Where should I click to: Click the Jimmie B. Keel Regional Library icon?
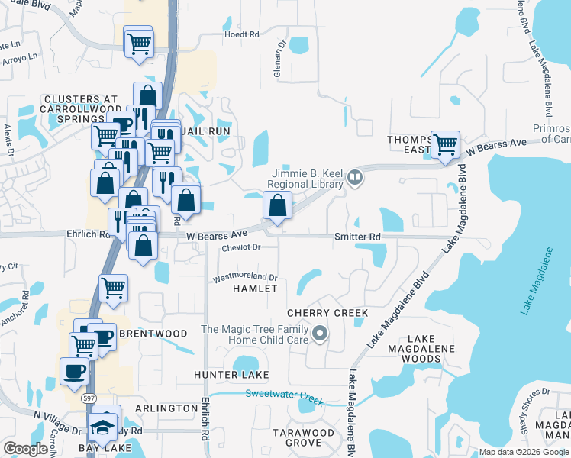pos(354,179)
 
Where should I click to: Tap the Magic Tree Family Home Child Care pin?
pos(321,334)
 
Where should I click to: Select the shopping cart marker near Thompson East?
pos(445,143)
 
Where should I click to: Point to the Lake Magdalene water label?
pos(536,281)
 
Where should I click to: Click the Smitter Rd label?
pos(357,237)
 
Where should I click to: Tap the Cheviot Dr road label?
pos(242,247)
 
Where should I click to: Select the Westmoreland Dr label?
pos(245,276)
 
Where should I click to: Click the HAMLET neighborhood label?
pos(255,289)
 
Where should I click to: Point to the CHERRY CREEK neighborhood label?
pos(327,313)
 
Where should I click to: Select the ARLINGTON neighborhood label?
pos(166,408)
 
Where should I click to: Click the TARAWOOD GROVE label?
pos(304,437)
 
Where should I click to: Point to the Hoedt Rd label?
pos(242,34)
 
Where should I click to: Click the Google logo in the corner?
pos(25,449)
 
